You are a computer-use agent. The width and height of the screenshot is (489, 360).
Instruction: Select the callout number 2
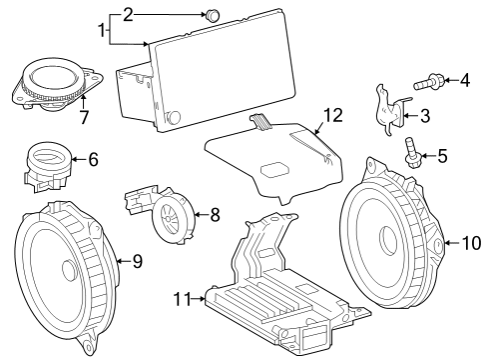pyautogui.click(x=127, y=14)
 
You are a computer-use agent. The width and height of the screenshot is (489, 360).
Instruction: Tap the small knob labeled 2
pyautogui.click(x=212, y=15)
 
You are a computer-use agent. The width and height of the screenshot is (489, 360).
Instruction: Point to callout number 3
pyautogui.click(x=424, y=116)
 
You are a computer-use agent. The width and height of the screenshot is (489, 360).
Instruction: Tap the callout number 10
pyautogui.click(x=471, y=242)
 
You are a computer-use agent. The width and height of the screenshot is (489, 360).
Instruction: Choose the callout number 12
pyautogui.click(x=331, y=115)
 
